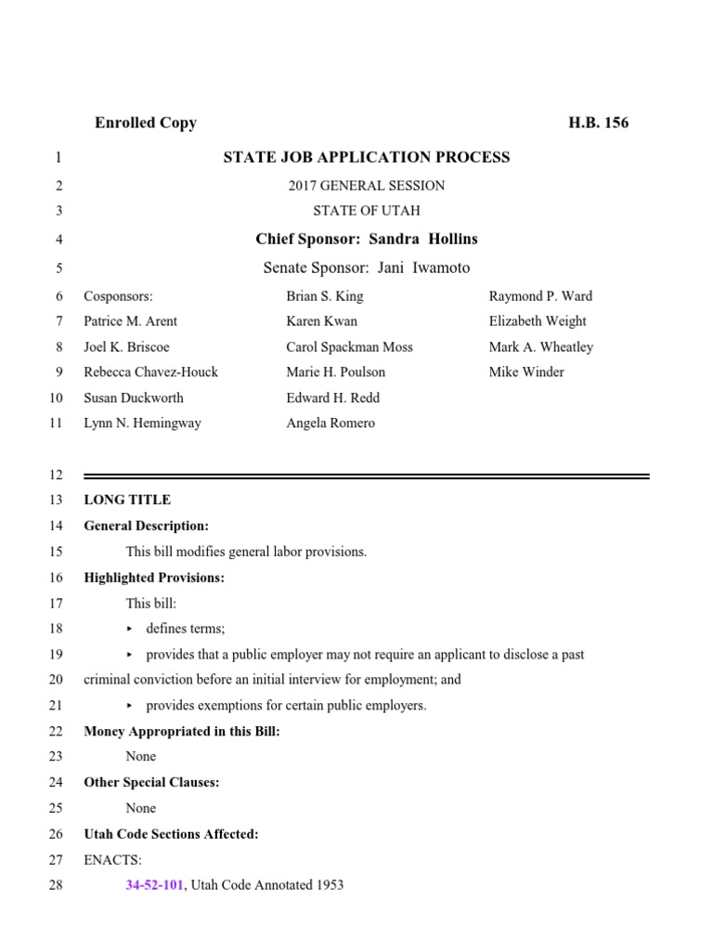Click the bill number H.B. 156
coord(598,123)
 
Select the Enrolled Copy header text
coord(146,123)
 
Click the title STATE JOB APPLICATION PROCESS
coord(367,157)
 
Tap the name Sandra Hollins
coord(423,239)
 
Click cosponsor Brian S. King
coord(325,296)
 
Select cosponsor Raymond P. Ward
coord(540,296)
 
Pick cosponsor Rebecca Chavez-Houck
coord(151,371)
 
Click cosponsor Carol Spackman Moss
coord(350,346)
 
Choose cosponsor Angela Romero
coord(331,423)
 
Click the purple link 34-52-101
coord(155,885)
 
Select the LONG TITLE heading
coord(127,500)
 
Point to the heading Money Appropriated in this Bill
coord(182,731)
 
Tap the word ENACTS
coord(112,859)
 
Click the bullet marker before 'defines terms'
coord(130,629)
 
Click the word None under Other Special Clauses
coord(141,808)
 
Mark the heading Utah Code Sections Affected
coord(172,834)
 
